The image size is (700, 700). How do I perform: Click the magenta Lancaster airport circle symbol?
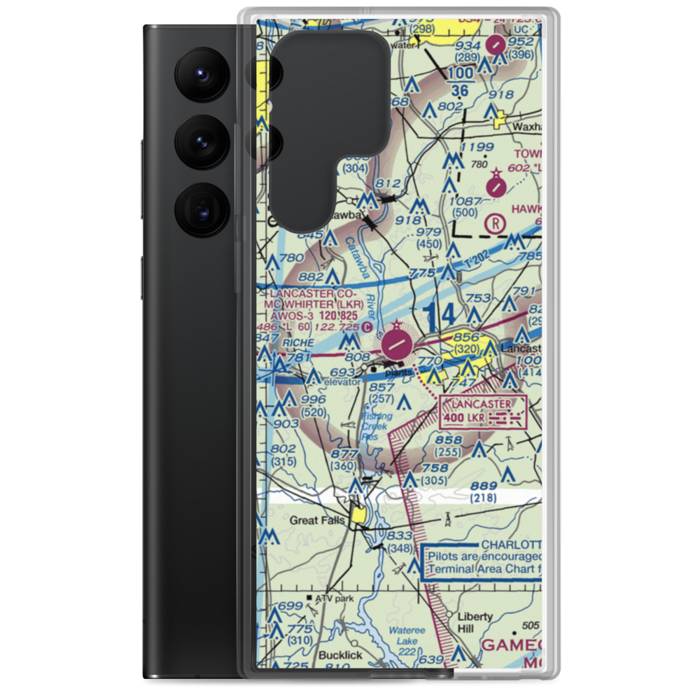(397, 344)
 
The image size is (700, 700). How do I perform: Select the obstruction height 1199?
(477, 147)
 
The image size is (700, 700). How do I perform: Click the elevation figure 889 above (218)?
(484, 486)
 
